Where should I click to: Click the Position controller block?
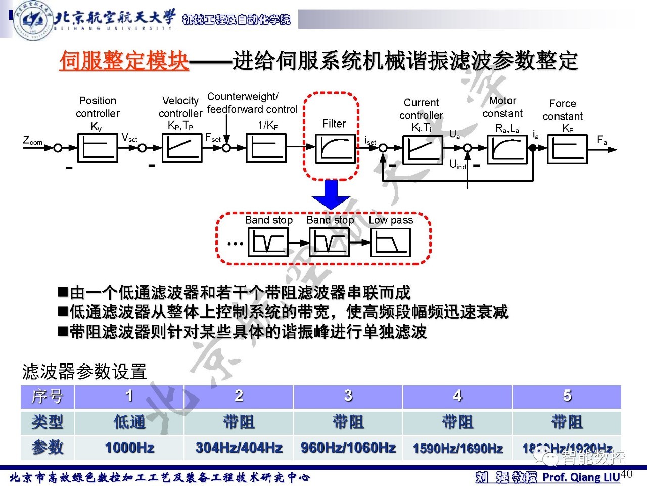(x=98, y=148)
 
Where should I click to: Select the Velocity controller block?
(x=181, y=148)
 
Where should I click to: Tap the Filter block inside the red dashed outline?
(x=334, y=148)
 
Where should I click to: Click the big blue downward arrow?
(x=331, y=194)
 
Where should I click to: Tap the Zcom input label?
(x=33, y=141)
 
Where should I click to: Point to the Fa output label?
(x=602, y=140)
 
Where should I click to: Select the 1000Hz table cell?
(x=129, y=448)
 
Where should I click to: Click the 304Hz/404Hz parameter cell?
(x=239, y=448)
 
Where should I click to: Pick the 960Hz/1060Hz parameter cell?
(x=348, y=448)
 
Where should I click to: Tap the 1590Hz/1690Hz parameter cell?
(x=457, y=448)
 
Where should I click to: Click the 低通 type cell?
(x=129, y=422)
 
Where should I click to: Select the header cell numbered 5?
(x=567, y=396)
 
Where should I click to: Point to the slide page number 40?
(x=626, y=473)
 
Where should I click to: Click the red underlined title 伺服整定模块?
(x=124, y=61)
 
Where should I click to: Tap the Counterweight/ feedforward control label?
(x=252, y=103)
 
